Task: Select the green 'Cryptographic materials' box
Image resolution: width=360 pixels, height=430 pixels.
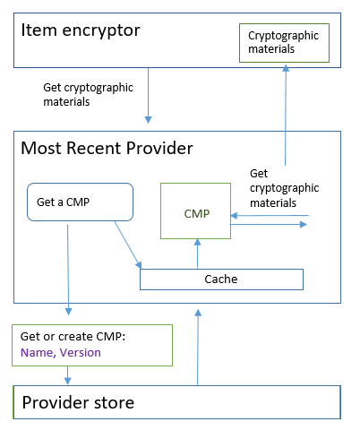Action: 285,43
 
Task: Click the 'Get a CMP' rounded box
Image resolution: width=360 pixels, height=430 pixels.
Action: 80,203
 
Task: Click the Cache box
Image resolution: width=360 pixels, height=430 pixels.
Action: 221,279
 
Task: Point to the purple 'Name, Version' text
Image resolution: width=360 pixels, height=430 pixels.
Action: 61,353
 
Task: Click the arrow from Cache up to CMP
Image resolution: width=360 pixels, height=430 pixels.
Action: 196,254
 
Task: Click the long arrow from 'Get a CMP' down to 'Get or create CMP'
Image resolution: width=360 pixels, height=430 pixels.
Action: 69,269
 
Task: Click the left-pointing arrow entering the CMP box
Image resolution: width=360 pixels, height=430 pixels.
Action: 269,216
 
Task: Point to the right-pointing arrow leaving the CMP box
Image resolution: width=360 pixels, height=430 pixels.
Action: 269,225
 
